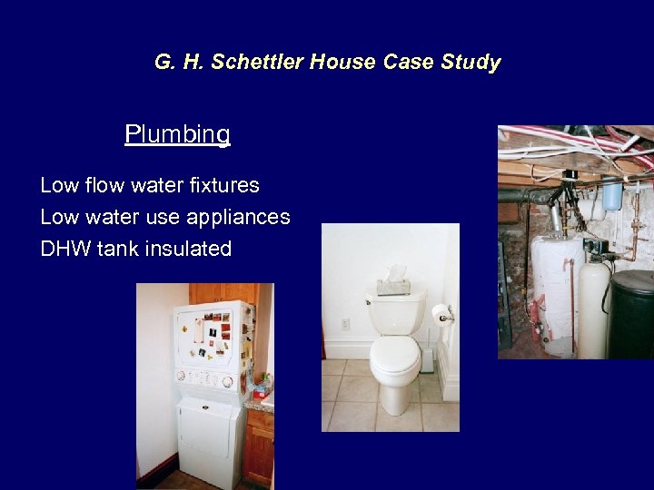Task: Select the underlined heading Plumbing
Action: [x=177, y=134]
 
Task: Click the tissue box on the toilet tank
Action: [x=394, y=283]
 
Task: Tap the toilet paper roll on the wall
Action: [x=442, y=313]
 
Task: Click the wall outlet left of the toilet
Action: [x=344, y=324]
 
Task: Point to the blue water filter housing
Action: [x=612, y=194]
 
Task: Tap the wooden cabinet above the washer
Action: [x=218, y=292]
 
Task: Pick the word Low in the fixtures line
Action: [x=59, y=185]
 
